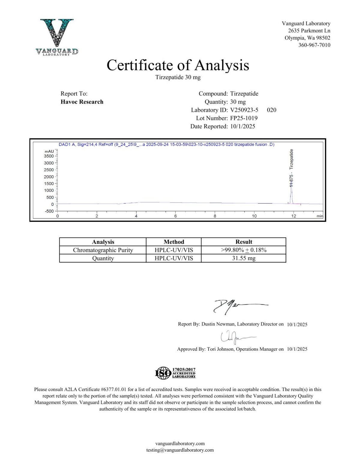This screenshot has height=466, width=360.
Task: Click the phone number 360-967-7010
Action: coord(314,45)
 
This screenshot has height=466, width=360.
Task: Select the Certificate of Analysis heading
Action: coord(178,65)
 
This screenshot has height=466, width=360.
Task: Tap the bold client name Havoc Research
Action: coord(82,102)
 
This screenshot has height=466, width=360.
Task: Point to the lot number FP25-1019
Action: coord(244,118)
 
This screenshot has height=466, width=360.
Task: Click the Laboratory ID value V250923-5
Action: coord(244,110)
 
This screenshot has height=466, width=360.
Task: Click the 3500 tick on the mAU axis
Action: coord(49,156)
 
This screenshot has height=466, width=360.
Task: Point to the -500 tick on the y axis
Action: coord(49,211)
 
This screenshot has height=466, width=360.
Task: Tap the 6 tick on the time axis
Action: coord(175,216)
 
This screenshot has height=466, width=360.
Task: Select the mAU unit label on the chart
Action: coord(49,152)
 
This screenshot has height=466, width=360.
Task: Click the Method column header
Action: coord(174,242)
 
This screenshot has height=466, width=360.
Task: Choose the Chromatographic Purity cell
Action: coord(103,250)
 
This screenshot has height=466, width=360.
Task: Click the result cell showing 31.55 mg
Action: coord(244,258)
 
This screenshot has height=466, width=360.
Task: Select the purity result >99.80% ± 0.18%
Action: coord(244,250)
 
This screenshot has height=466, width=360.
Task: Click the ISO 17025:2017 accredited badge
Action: coord(175,373)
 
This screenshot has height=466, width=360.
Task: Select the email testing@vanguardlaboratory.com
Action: coord(180,450)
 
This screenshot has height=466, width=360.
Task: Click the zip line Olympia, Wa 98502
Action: coord(307,38)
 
